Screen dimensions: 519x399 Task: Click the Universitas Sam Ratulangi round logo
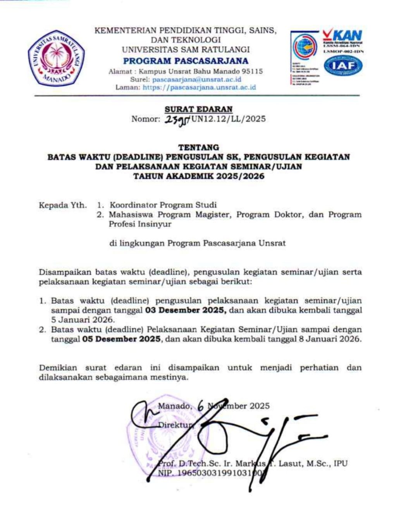pos(56,57)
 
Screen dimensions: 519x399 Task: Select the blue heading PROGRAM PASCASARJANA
pos(186,61)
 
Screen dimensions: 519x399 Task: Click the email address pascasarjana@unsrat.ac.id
pos(196,79)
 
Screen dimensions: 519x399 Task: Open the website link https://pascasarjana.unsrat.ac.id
pos(199,87)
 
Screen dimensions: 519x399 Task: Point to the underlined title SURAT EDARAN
pos(198,110)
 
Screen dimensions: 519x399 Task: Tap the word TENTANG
pos(198,147)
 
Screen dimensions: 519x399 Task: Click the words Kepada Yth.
pos(62,205)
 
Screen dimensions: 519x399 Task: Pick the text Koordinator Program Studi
pos(163,205)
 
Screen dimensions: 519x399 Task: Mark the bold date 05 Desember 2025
pos(121,339)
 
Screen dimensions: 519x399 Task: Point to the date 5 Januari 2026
pos(83,320)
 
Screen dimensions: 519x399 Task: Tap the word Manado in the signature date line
pos(174,406)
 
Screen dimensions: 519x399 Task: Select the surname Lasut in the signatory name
pos(291,463)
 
